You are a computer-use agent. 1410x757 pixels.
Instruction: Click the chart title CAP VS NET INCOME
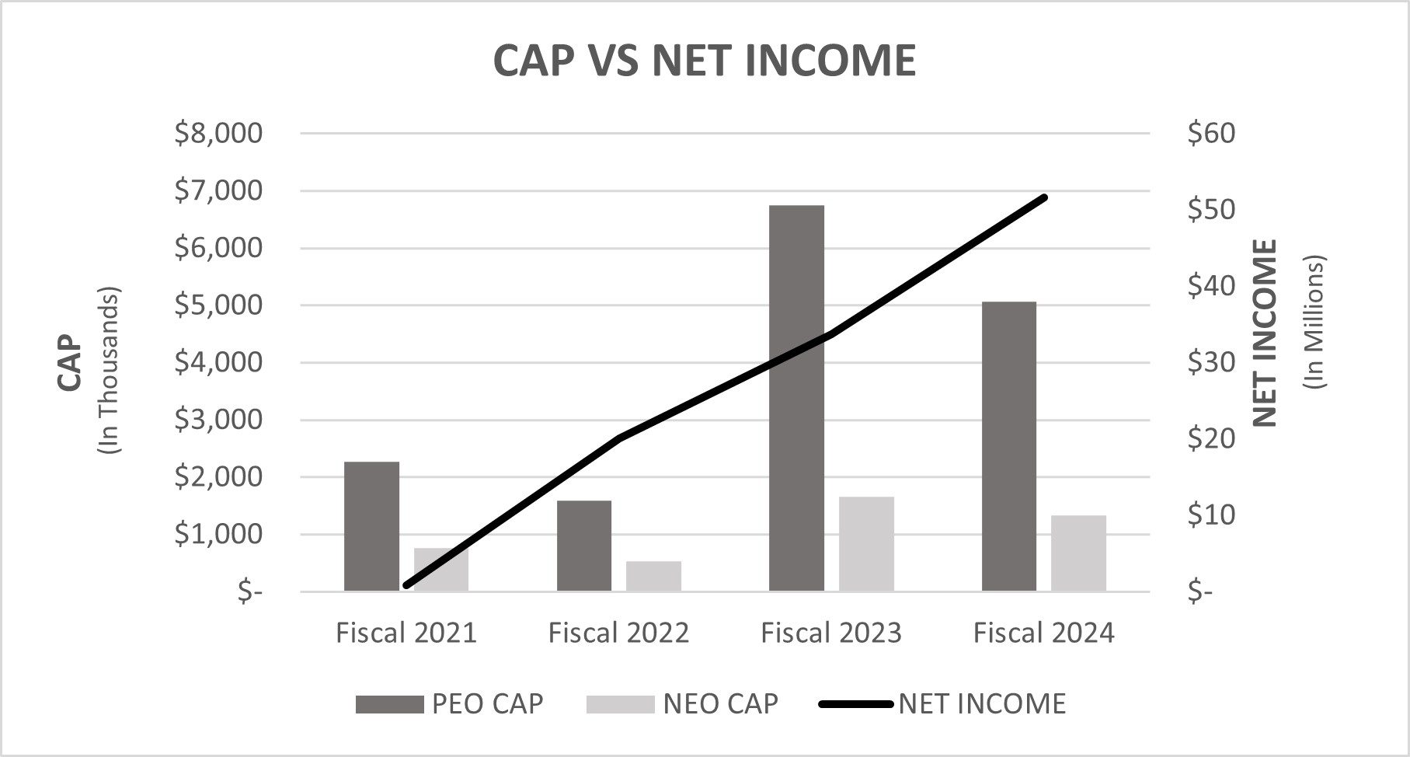pos(705,60)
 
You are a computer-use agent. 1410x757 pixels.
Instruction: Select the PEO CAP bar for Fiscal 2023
pos(796,398)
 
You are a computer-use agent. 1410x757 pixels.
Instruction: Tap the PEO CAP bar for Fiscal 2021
pos(371,526)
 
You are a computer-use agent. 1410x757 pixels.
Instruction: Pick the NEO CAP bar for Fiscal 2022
pos(653,576)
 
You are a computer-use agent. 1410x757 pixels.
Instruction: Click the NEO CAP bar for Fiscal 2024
pos(1078,553)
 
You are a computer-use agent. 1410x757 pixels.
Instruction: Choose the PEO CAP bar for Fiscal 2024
pos(1008,446)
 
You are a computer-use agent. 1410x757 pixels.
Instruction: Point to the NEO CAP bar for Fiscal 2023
pos(866,543)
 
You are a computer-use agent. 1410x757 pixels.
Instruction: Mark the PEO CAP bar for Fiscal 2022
pos(584,546)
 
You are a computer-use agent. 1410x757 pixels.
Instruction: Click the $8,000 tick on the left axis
pos(218,134)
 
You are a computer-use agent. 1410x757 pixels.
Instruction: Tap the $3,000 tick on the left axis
pos(218,420)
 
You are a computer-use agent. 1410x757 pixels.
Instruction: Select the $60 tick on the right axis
pos(1210,134)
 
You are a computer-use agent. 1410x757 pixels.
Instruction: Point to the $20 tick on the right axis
pos(1210,438)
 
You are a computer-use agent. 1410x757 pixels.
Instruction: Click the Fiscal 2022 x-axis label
pos(618,633)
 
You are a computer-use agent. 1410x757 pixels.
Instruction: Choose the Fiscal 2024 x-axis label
pos(1043,633)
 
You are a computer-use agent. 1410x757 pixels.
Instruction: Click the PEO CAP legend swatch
pos(389,704)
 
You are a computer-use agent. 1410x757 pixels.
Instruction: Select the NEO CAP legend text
pos(720,704)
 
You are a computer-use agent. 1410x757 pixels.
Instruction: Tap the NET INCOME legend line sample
pos(855,704)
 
